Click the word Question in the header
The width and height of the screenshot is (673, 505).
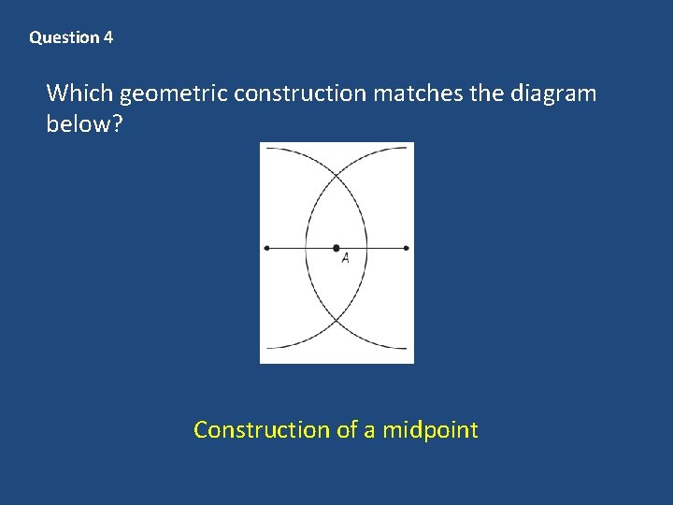coord(64,38)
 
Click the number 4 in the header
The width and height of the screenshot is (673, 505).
coord(108,38)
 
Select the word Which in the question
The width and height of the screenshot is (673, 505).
coord(80,94)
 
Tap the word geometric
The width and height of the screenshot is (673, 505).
coord(175,94)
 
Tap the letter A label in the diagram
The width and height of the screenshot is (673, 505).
coord(345,258)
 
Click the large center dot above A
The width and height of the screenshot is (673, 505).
coord(336,248)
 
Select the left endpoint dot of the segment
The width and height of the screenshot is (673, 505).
coord(267,248)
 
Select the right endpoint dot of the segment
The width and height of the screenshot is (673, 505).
coord(407,248)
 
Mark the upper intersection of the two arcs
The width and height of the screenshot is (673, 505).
coord(336,174)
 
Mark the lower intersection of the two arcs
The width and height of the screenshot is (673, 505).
coord(336,322)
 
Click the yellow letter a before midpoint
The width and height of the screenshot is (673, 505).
coord(369,431)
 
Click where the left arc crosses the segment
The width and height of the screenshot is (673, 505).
coord(306,248)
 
